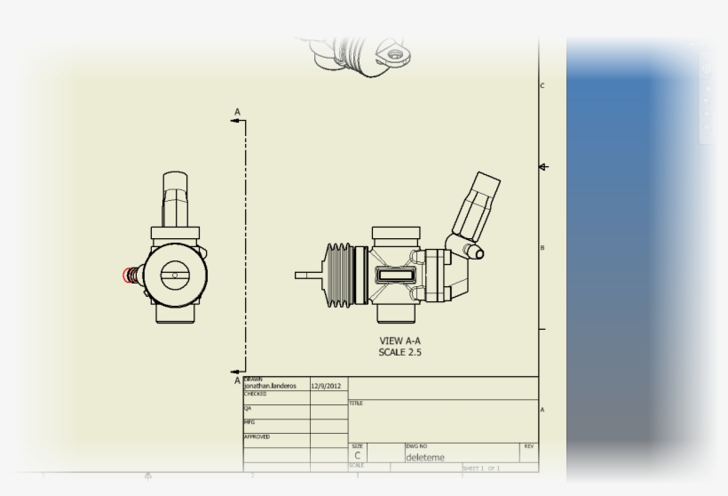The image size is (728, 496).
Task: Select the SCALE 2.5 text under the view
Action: (x=400, y=353)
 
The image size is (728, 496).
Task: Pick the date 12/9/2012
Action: (x=326, y=387)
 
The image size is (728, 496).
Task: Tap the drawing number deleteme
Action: (x=425, y=458)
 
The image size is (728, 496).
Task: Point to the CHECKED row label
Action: (x=256, y=394)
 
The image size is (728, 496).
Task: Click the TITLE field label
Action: (x=355, y=404)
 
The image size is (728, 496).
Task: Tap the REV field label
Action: (x=528, y=445)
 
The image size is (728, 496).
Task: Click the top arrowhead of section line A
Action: (x=237, y=122)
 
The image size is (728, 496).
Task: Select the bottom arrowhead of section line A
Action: (x=237, y=372)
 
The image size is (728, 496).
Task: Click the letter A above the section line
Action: (x=237, y=112)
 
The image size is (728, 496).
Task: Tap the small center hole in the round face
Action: (x=175, y=276)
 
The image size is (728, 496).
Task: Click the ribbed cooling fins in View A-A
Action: (x=340, y=275)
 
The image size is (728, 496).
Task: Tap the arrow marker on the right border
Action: (x=543, y=167)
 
